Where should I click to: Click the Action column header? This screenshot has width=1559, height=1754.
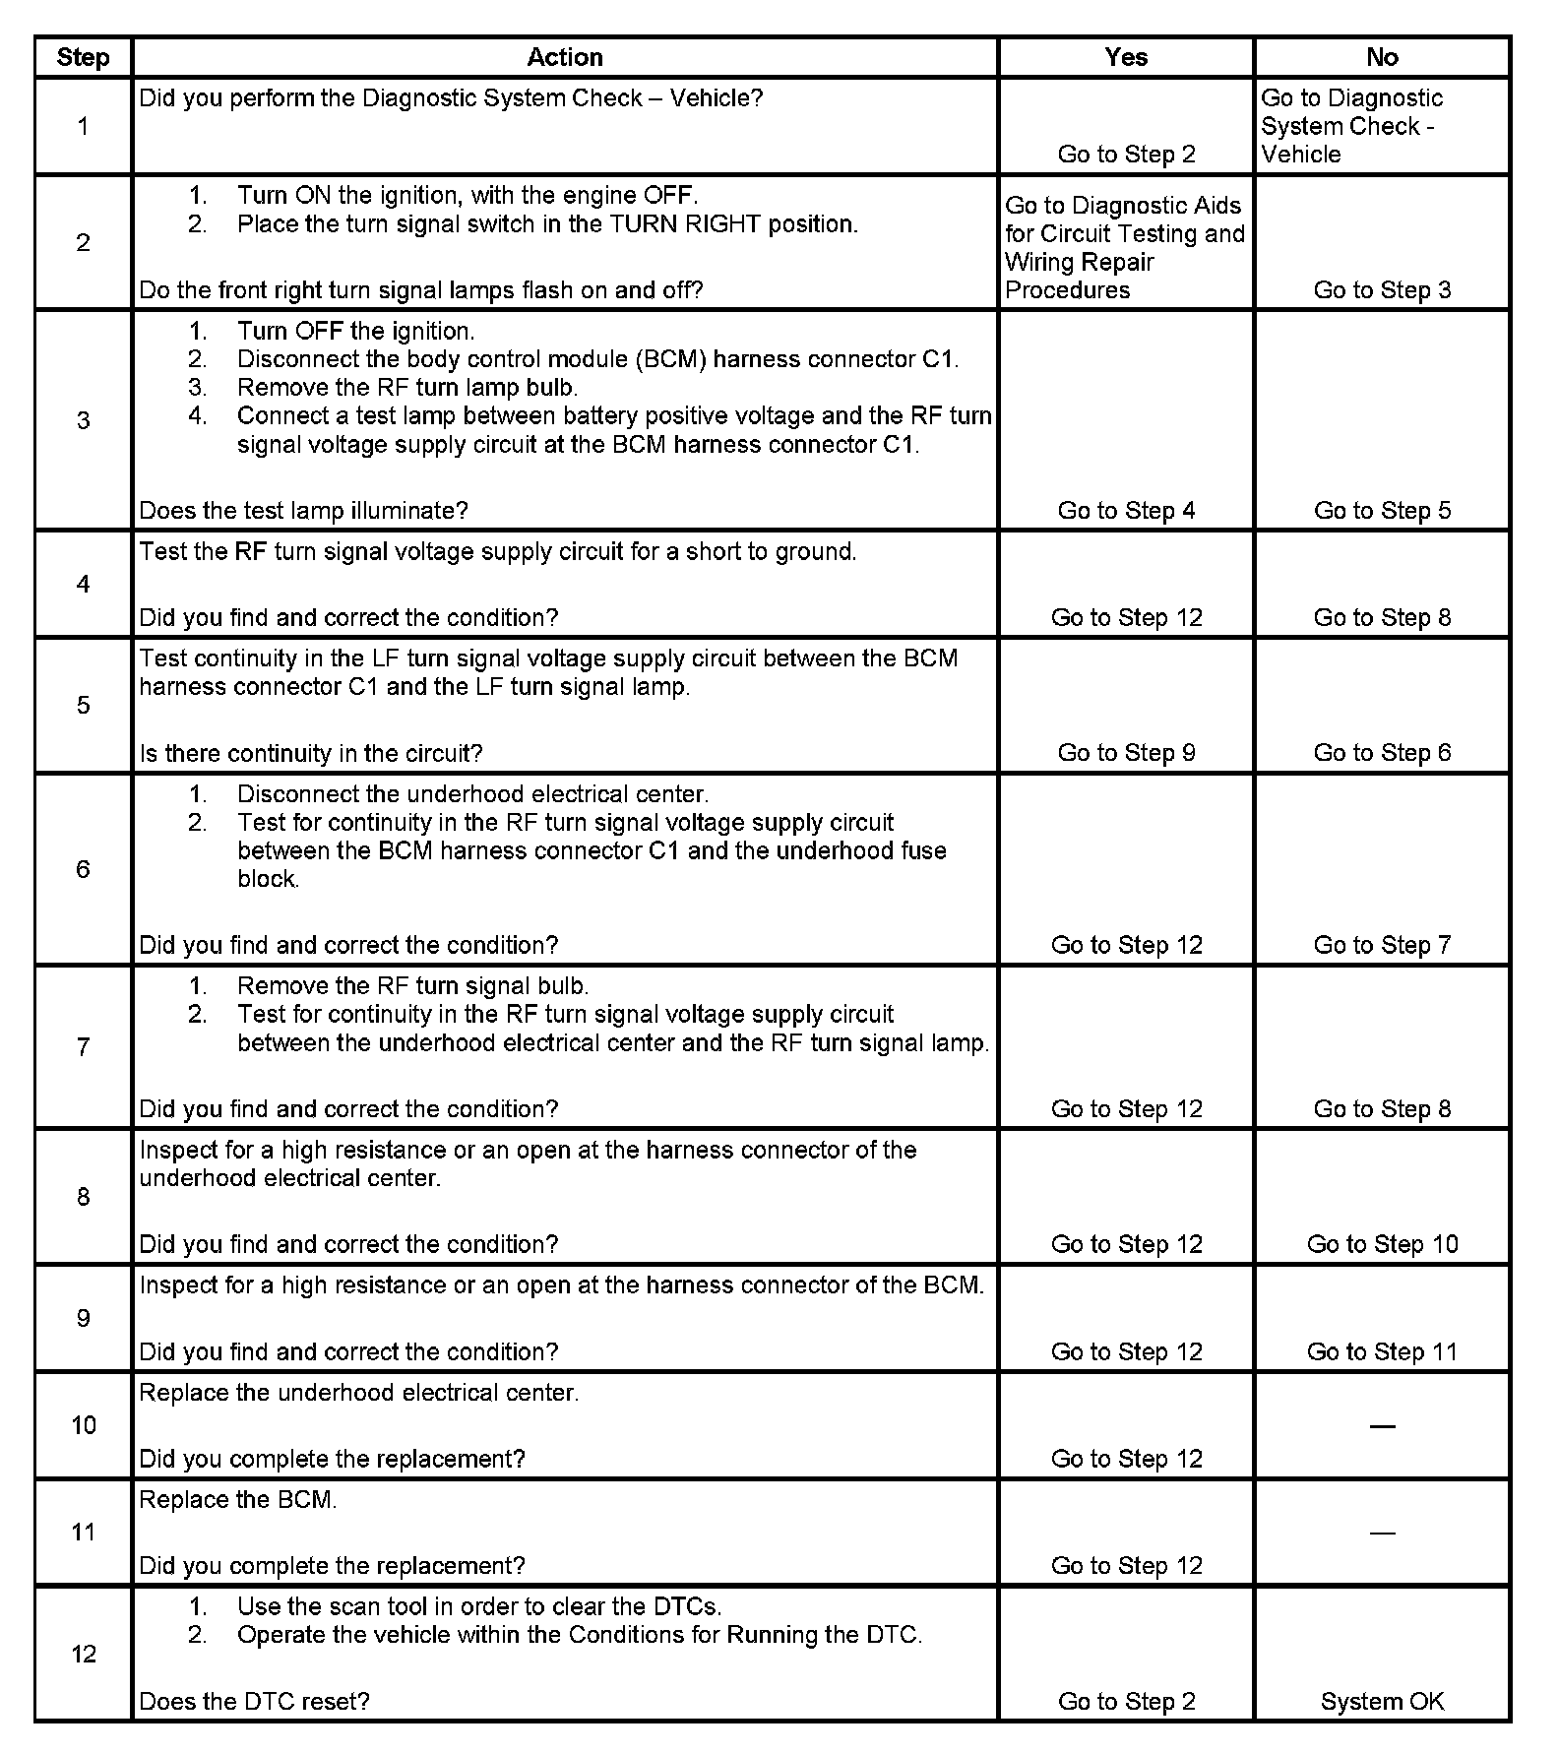564,57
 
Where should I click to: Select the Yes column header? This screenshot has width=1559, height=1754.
1126,57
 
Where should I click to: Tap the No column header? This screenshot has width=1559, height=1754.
1382,57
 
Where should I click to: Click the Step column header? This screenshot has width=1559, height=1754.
83,57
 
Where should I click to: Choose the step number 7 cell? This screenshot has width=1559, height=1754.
83,1046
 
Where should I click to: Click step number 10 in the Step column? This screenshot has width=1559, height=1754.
83,1424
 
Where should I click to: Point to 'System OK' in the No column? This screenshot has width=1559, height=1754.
1382,1701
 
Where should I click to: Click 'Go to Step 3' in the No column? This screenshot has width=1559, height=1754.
1382,289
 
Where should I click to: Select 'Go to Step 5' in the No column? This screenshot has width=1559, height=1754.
1382,510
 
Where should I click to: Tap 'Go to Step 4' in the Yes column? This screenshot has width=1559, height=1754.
1126,510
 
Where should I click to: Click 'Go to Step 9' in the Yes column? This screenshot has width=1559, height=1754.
1126,752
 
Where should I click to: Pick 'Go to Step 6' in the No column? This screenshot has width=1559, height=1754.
1382,752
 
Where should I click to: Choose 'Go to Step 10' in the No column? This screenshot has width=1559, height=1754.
1382,1243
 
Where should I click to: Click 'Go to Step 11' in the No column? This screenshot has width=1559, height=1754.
1382,1351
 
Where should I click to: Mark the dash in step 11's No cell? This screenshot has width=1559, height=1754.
1382,1533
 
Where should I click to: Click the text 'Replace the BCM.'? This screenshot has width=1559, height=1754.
237,1499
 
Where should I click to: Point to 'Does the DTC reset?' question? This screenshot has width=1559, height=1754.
254,1701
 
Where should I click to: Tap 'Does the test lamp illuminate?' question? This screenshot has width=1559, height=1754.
303,510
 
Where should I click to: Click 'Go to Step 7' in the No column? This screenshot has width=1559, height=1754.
1382,944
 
